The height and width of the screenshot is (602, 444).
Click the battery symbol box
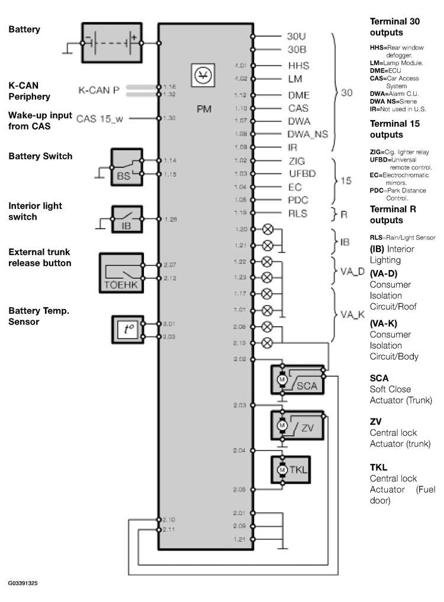pos(111,43)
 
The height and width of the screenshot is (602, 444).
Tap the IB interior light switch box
pos(126,218)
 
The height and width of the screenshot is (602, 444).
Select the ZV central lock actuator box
pos(297,424)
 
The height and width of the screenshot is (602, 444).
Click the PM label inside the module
pos(204,109)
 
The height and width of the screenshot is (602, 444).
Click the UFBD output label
pos(302,173)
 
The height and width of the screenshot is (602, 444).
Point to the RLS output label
pos(297,214)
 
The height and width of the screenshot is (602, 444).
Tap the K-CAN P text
pos(99,91)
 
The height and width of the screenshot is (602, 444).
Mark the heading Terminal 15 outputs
pos(394,129)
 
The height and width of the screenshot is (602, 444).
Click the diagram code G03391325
pos(23,583)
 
